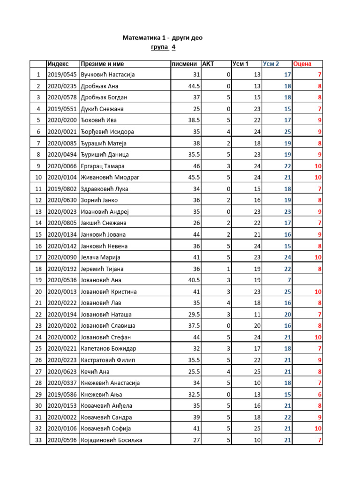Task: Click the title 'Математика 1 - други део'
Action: click(163, 37)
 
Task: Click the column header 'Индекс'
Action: click(58, 64)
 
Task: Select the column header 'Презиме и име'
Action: click(102, 64)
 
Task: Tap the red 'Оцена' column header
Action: click(302, 64)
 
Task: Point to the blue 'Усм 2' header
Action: click(271, 64)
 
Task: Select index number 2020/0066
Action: click(62, 166)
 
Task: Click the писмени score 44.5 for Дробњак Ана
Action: click(194, 86)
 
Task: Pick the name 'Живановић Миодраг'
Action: click(111, 178)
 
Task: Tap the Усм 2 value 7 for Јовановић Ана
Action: click(289, 280)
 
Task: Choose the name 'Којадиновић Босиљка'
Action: click(112, 440)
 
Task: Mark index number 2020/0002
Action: click(62, 337)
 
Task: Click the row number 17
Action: click(38, 257)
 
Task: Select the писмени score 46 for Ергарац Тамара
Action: click(197, 166)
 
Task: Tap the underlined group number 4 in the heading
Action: click(173, 47)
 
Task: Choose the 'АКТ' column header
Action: click(208, 64)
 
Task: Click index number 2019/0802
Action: click(62, 189)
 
